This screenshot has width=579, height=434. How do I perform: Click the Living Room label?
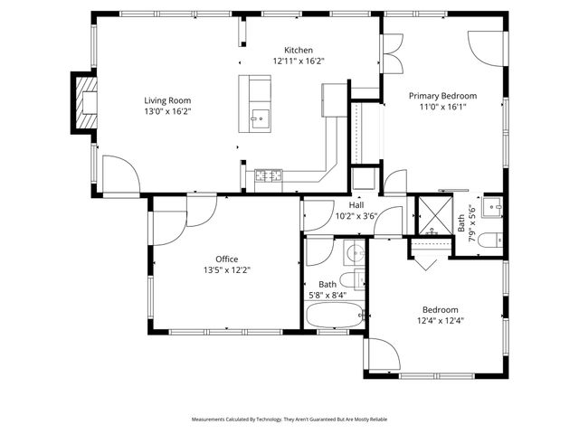(x=167, y=100)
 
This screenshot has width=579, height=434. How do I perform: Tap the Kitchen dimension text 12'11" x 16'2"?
(x=299, y=61)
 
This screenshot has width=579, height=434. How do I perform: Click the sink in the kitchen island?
(x=259, y=117)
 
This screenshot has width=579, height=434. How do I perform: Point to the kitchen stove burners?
(x=269, y=175)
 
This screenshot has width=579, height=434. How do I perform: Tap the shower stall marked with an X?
(x=432, y=215)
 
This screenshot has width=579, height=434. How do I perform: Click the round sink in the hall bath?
(x=354, y=250)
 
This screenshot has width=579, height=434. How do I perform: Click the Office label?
(x=226, y=259)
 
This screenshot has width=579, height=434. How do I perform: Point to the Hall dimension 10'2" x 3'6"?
(x=356, y=216)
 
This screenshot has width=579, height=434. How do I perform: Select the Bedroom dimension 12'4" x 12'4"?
(x=440, y=320)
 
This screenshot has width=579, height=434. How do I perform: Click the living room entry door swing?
(x=119, y=175)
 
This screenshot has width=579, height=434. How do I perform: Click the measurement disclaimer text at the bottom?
(x=289, y=420)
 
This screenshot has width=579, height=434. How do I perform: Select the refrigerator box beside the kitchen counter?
(x=334, y=99)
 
